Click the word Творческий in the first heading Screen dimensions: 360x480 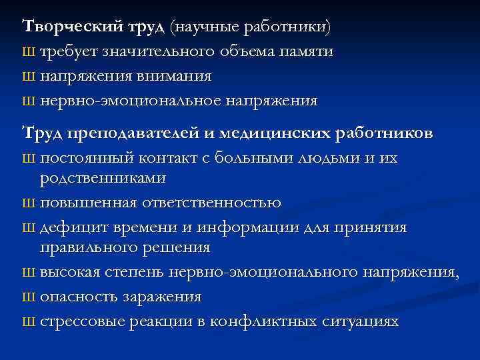tap(63, 27)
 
